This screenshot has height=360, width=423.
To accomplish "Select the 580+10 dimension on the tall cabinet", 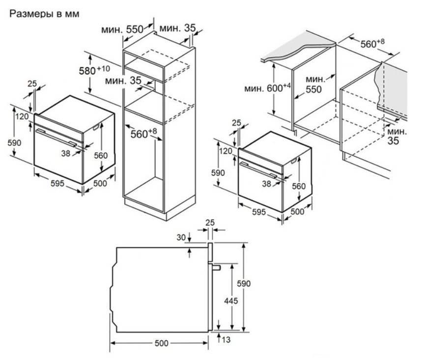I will click(93, 69).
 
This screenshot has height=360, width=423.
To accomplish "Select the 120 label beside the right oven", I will click(225, 151).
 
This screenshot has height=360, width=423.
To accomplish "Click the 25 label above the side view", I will click(209, 223).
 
